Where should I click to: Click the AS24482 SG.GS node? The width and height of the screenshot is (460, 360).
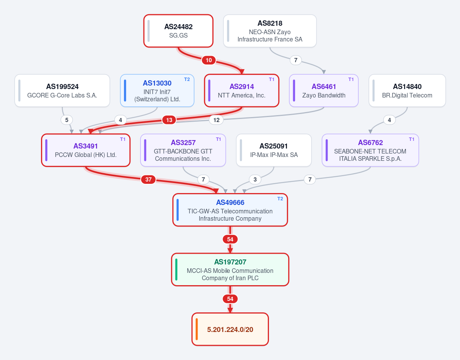point(178,31)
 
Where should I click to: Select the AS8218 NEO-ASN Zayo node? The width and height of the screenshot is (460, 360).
point(270,31)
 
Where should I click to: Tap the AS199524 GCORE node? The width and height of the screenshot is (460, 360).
point(62,91)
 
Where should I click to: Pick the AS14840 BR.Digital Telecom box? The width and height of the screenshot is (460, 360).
point(407,91)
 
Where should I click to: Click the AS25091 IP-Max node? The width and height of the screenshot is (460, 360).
point(274,150)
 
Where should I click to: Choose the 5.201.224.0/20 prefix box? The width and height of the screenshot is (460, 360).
point(230,329)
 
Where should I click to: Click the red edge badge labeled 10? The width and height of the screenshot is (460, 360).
point(209,60)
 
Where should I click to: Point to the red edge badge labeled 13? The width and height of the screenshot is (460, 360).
point(169,120)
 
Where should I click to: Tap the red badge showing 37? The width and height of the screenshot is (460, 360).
point(148,180)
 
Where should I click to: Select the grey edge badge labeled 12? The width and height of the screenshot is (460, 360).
point(216,120)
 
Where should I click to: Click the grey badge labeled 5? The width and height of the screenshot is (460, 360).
point(67,120)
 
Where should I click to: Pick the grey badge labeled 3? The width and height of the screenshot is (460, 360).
point(255,180)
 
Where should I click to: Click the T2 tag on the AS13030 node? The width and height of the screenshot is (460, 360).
point(187,79)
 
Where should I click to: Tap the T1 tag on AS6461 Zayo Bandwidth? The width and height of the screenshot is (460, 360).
point(351,79)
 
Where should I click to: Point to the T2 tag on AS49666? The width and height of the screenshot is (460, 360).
point(280,199)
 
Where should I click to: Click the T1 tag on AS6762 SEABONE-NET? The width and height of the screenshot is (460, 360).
point(412,139)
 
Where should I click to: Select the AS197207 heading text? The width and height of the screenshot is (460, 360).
point(230,262)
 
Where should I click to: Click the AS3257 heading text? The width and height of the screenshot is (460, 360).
point(183,143)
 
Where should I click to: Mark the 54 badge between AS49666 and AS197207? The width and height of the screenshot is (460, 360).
point(230,239)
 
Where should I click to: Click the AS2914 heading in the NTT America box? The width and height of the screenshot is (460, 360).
point(242,87)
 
